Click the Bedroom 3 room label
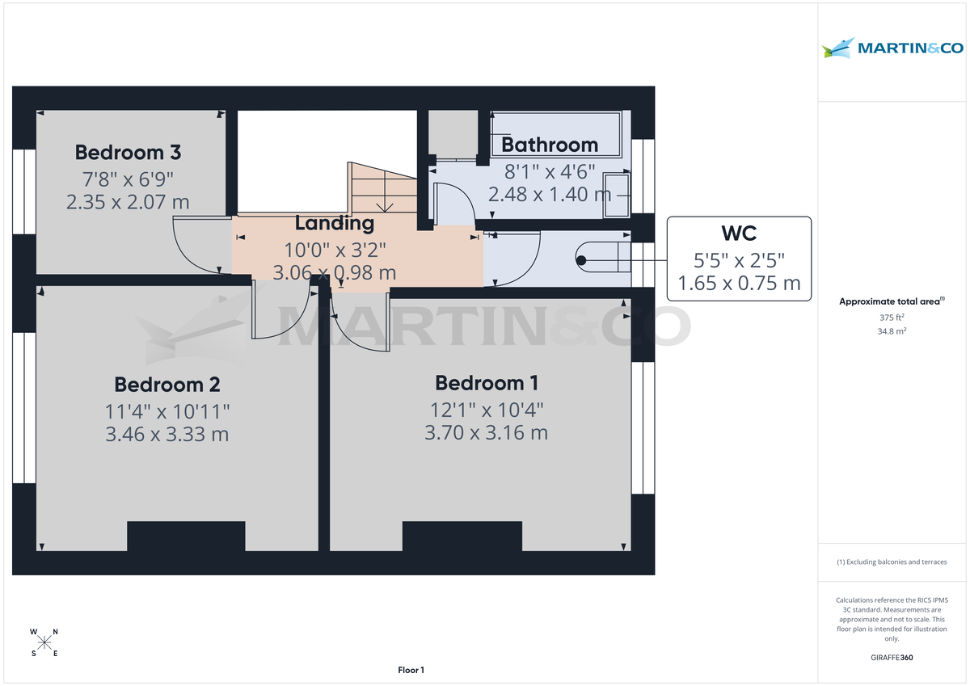128,152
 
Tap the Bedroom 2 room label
167,384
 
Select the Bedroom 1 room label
486,382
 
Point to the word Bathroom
550,145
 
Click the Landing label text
334,223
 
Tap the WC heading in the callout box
738,234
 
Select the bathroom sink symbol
620,196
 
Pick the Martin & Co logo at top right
892,48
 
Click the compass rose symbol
44,642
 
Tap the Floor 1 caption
411,670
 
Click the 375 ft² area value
892,318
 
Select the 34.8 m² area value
892,331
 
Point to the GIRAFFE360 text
892,658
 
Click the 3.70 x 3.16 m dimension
486,432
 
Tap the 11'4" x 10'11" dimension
167,410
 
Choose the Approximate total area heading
891,301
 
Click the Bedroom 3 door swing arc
192,246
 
